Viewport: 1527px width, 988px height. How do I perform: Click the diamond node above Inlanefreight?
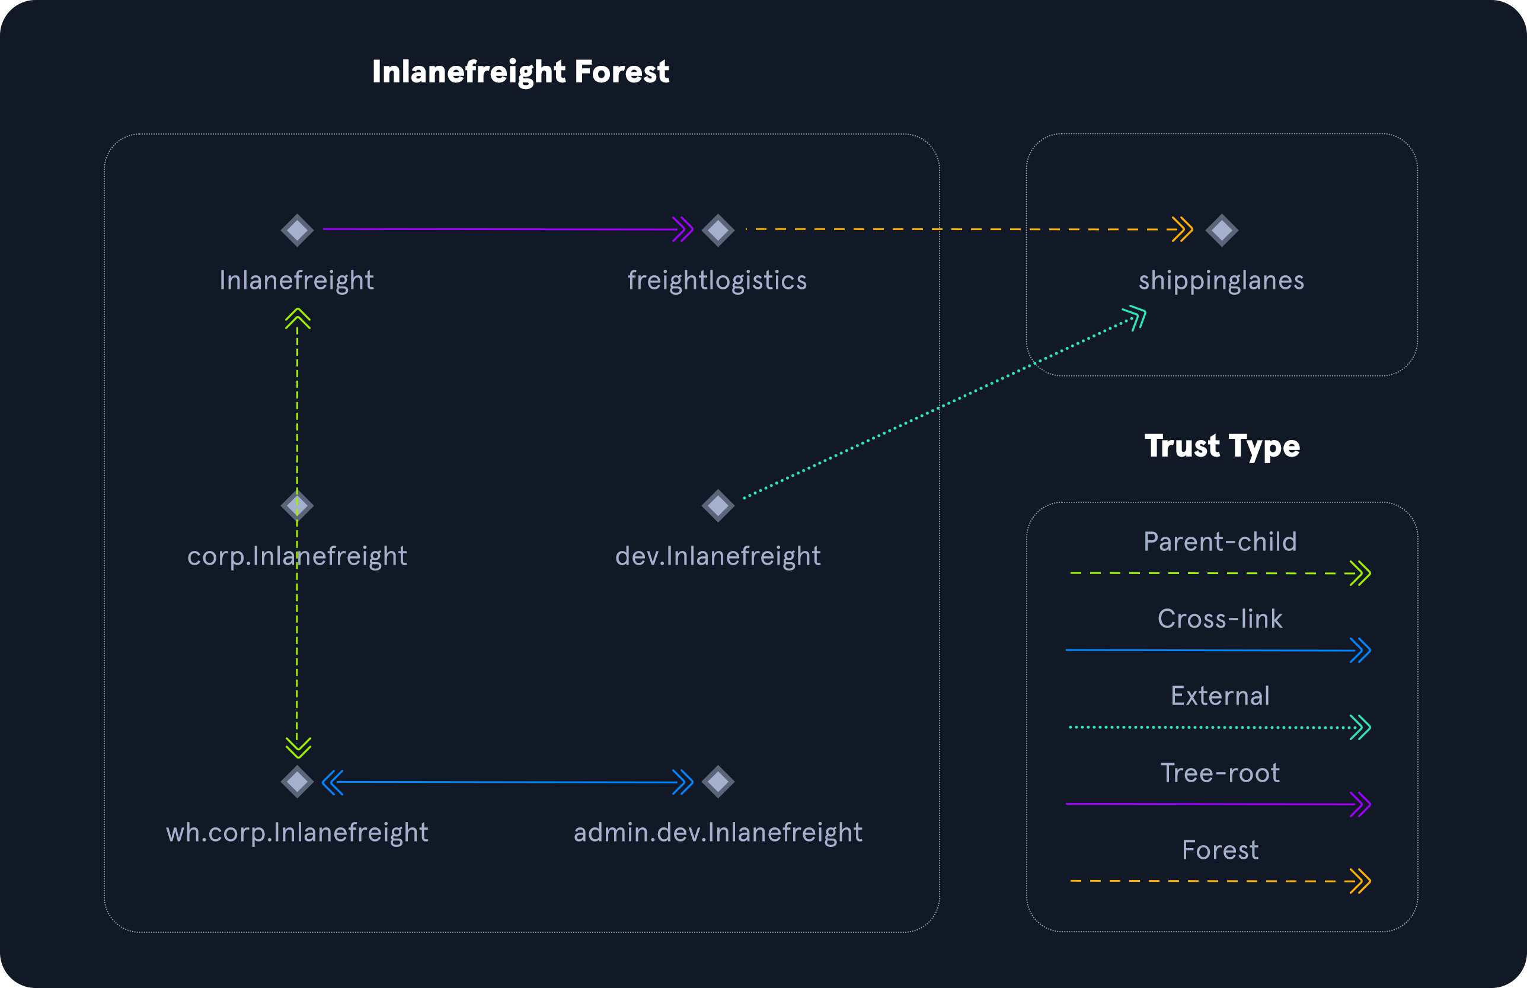pos(297,230)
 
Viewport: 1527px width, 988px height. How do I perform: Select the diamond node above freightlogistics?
pos(718,230)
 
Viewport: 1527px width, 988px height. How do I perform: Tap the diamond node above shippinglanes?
pos(1222,230)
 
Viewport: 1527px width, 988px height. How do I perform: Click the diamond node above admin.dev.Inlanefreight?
pos(718,782)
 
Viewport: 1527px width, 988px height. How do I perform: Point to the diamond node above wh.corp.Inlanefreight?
pos(297,782)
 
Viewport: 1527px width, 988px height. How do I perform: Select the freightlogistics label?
pos(717,281)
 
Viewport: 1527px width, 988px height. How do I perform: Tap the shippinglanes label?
pos(1221,281)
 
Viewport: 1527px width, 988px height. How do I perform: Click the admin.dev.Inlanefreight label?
pos(718,832)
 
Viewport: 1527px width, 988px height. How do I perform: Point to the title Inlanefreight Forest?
pos(521,72)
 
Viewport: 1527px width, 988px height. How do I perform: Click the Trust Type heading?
pos(1222,447)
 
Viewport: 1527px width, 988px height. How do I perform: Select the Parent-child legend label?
pos(1221,541)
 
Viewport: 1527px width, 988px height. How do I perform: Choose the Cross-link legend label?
pos(1220,619)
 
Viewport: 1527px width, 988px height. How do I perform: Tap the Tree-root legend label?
pos(1220,773)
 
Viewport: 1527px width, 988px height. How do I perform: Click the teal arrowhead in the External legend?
pos(1360,728)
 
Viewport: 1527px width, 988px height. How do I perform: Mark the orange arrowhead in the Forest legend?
pos(1360,881)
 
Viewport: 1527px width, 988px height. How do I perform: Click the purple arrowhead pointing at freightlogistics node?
pos(683,229)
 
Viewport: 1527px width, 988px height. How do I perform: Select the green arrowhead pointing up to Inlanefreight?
pos(298,318)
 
